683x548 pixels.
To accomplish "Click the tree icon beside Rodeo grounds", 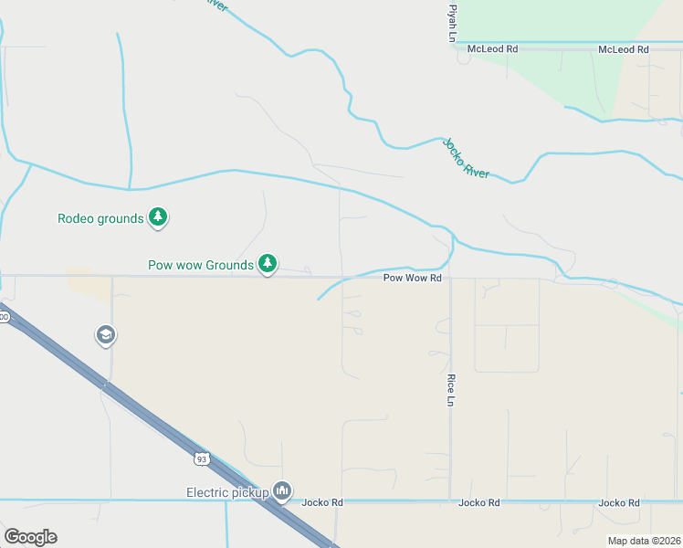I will pyautogui.click(x=159, y=217).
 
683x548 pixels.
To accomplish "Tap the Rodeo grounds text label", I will pyautogui.click(x=100, y=218).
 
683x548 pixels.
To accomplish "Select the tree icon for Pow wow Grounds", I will pyautogui.click(x=268, y=264).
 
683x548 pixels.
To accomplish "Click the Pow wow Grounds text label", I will pyautogui.click(x=200, y=266).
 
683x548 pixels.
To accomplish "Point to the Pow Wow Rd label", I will pyautogui.click(x=412, y=277).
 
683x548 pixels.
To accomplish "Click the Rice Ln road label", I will pyautogui.click(x=450, y=388).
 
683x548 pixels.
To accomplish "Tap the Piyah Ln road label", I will pyautogui.click(x=450, y=21).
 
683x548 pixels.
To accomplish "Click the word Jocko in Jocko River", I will pyautogui.click(x=454, y=150).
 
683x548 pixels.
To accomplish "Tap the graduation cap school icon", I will pyautogui.click(x=106, y=335).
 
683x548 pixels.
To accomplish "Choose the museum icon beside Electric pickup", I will pyautogui.click(x=282, y=492).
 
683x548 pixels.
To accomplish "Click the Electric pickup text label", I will pyautogui.click(x=227, y=493).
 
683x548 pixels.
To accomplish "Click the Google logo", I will pyautogui.click(x=30, y=537).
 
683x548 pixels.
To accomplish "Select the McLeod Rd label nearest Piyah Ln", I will pyautogui.click(x=492, y=48).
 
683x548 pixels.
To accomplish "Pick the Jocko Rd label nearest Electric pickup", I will pyautogui.click(x=322, y=502).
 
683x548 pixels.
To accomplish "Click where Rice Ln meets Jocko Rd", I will pyautogui.click(x=450, y=501).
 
